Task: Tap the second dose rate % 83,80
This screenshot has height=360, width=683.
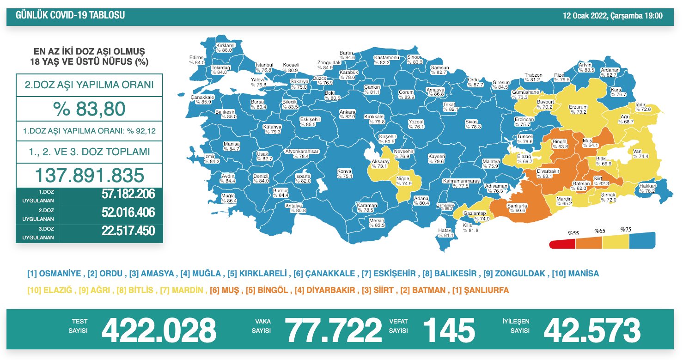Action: coord(89,110)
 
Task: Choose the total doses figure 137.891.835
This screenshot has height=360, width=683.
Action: coord(90,176)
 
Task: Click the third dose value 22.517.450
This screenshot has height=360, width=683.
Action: coord(128,231)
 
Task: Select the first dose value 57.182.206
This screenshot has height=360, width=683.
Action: coord(128,194)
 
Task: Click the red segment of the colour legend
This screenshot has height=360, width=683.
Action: coord(562,244)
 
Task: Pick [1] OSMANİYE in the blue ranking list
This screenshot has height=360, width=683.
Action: coord(54,274)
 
